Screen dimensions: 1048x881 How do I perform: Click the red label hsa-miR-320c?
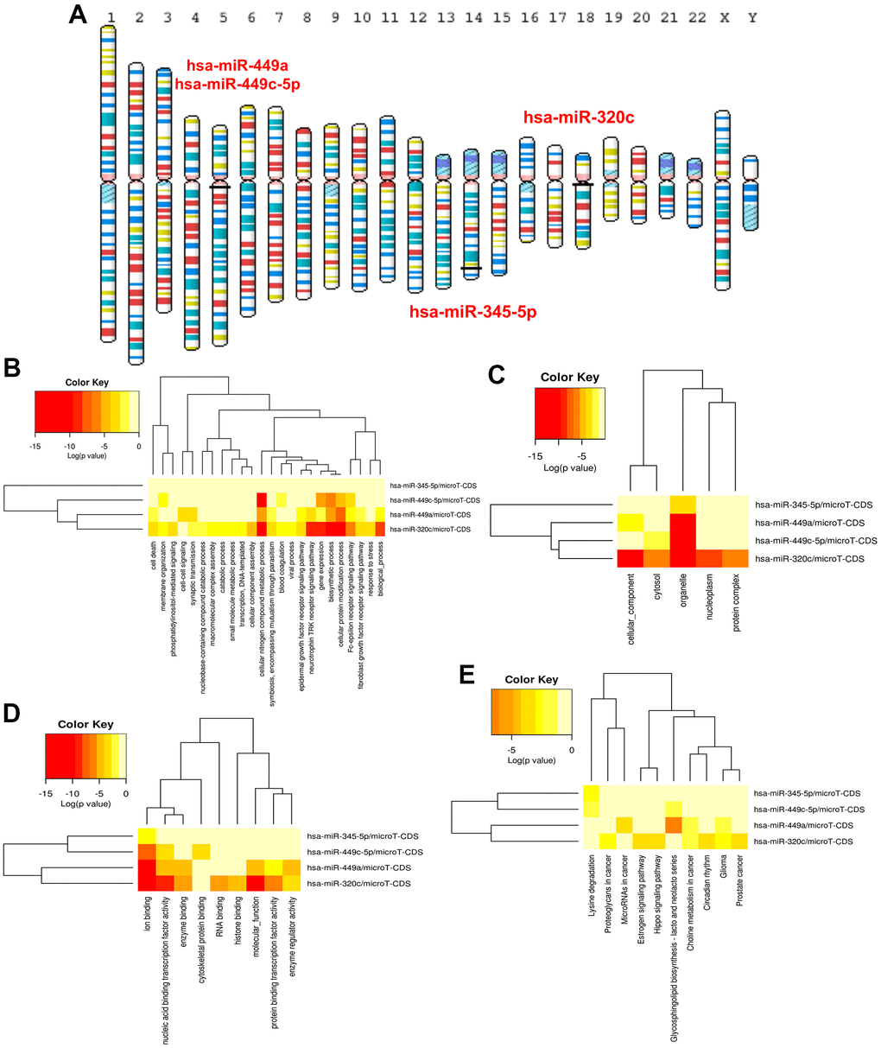[x=578, y=118]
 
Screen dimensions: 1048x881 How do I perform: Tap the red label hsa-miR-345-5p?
[x=472, y=311]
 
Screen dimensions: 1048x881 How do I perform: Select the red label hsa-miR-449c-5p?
[x=237, y=84]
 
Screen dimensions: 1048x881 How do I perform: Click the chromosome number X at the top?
[x=724, y=17]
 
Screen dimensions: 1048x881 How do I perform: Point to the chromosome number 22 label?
[x=694, y=17]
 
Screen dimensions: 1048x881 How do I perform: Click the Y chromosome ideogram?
[x=751, y=193]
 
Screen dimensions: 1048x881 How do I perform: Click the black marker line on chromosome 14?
[x=471, y=268]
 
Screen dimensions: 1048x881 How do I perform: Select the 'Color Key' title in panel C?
[x=569, y=377]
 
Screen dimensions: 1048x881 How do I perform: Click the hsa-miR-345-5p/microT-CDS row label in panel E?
[x=809, y=792]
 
